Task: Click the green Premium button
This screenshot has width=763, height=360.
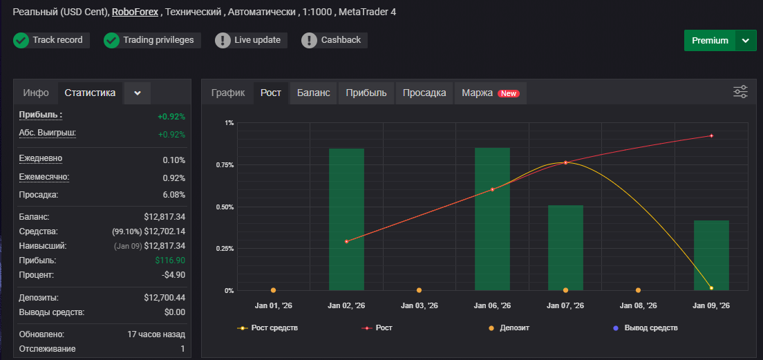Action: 710,40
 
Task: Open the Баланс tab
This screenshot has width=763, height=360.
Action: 313,93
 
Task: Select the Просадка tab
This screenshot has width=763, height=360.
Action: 425,93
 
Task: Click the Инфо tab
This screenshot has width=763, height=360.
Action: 36,93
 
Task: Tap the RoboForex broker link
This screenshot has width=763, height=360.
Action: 135,12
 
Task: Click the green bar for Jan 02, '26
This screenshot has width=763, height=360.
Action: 346,220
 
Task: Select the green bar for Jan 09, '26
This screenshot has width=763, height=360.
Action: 711,256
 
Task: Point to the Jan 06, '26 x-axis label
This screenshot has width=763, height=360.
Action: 493,306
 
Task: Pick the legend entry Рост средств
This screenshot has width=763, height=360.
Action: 267,328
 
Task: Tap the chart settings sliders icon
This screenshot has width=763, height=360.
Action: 741,91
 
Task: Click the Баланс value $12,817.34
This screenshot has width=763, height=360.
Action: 164,217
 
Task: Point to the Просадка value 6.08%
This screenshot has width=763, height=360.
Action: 174,195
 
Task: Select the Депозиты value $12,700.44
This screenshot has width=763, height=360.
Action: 164,298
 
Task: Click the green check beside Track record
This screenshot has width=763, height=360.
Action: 21,40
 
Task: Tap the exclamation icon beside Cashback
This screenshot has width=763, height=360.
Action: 309,40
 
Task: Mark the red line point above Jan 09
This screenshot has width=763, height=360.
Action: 711,135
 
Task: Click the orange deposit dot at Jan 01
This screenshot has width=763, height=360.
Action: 274,290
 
